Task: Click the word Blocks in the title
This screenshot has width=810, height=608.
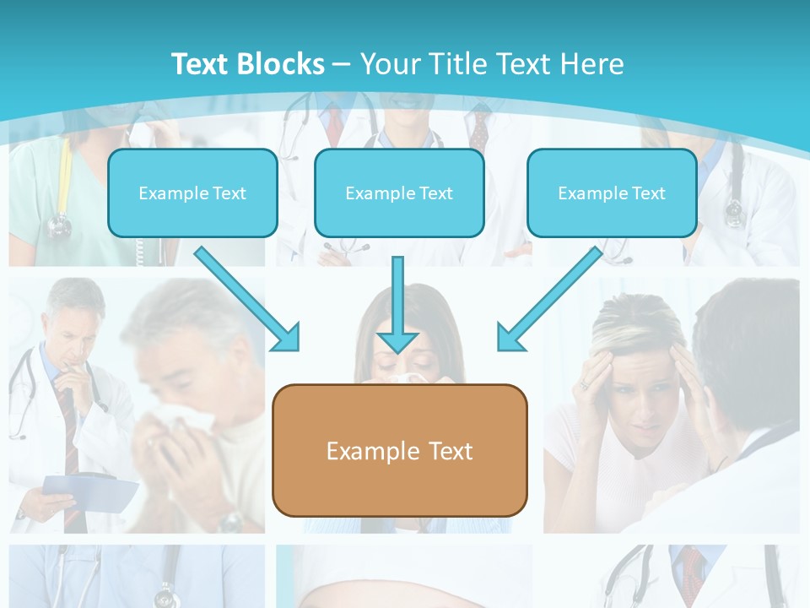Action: click(283, 64)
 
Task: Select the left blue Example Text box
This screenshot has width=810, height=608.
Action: click(192, 193)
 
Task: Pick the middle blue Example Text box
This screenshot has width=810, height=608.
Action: click(399, 193)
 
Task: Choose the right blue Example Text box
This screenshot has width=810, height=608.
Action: click(612, 193)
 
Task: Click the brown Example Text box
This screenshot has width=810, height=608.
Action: click(399, 450)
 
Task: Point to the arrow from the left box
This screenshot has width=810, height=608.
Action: click(246, 298)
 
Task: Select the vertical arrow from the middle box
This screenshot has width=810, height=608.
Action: click(397, 304)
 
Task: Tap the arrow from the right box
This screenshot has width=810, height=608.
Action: click(550, 298)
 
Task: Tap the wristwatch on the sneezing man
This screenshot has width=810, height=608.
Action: click(229, 520)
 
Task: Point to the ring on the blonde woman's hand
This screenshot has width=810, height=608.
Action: click(582, 384)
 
